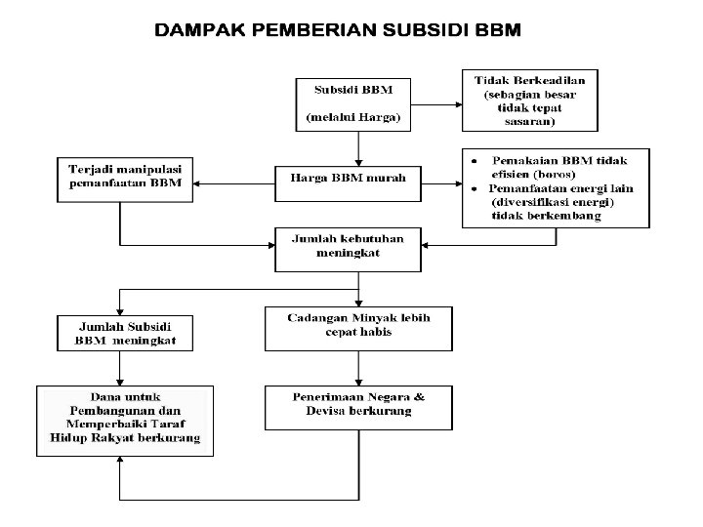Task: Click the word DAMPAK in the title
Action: pyautogui.click(x=200, y=30)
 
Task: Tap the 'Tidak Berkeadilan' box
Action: pyautogui.click(x=530, y=100)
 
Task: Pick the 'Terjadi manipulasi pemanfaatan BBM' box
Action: pyautogui.click(x=124, y=178)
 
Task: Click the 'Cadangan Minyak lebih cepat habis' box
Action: pyautogui.click(x=358, y=327)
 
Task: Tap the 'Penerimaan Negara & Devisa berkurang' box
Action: pyautogui.click(x=358, y=405)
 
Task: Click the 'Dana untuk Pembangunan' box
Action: pyautogui.click(x=119, y=419)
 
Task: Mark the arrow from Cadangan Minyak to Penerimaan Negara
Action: pyautogui.click(x=359, y=368)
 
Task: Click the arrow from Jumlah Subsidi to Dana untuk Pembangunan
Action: pyautogui.click(x=119, y=368)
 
